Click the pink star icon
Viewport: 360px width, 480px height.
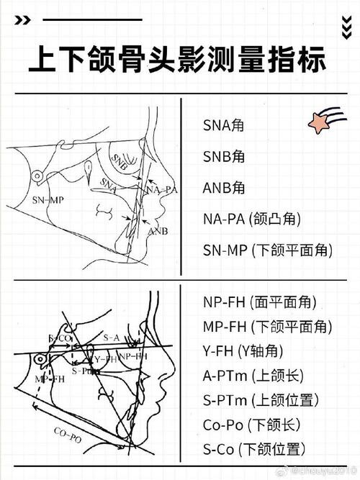point(323,123)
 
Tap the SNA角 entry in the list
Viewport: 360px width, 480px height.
point(224,125)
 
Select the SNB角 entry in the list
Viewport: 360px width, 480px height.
point(224,156)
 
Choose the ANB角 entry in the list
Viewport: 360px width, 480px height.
point(224,188)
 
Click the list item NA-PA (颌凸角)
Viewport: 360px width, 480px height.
point(251,219)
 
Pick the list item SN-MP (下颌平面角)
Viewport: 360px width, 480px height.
point(267,250)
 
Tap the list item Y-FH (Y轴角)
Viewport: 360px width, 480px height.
point(243,351)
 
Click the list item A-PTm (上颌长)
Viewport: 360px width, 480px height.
point(253,376)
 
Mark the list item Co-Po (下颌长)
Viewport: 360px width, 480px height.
point(251,425)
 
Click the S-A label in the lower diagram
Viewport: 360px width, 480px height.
point(110,336)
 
